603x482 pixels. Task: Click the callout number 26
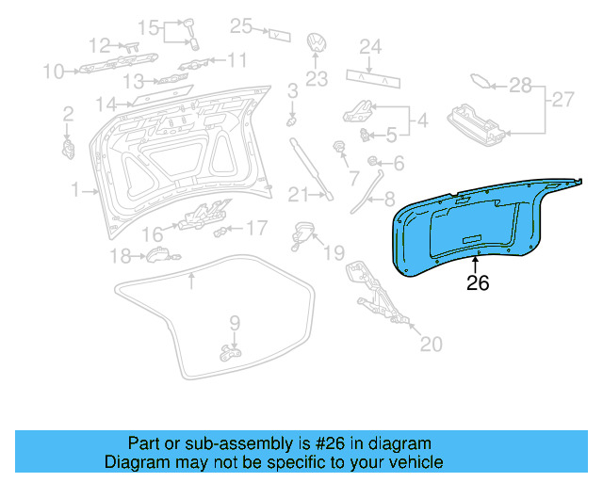click(x=479, y=282)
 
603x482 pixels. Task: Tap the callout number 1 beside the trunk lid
click(x=75, y=191)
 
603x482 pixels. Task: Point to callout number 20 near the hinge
click(x=430, y=345)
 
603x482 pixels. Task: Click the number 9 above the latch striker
click(x=235, y=323)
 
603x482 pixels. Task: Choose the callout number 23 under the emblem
click(x=316, y=80)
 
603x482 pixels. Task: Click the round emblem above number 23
click(x=316, y=46)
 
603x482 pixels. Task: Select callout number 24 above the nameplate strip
click(x=370, y=46)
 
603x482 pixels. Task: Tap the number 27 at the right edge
click(x=562, y=99)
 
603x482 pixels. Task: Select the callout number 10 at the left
click(x=53, y=71)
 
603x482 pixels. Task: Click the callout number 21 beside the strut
click(x=299, y=195)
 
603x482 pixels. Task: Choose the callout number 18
click(x=120, y=256)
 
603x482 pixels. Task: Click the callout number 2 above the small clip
click(x=68, y=114)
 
